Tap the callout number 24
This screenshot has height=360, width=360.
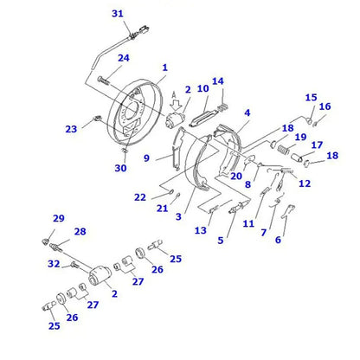click(x=124, y=58)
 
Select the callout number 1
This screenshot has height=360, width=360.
click(x=164, y=67)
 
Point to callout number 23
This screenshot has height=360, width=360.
click(x=71, y=129)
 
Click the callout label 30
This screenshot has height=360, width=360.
click(x=120, y=168)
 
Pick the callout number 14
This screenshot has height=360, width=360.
click(x=218, y=81)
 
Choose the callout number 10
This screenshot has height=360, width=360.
click(x=202, y=88)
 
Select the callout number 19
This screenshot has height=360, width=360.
click(x=299, y=137)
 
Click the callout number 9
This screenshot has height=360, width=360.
click(x=146, y=157)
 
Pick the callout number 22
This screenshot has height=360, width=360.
click(x=139, y=197)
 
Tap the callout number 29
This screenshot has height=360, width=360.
click(x=59, y=218)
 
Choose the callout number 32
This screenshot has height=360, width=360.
click(x=54, y=263)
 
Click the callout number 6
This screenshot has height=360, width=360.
click(x=278, y=240)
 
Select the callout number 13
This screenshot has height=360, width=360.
click(x=201, y=230)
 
